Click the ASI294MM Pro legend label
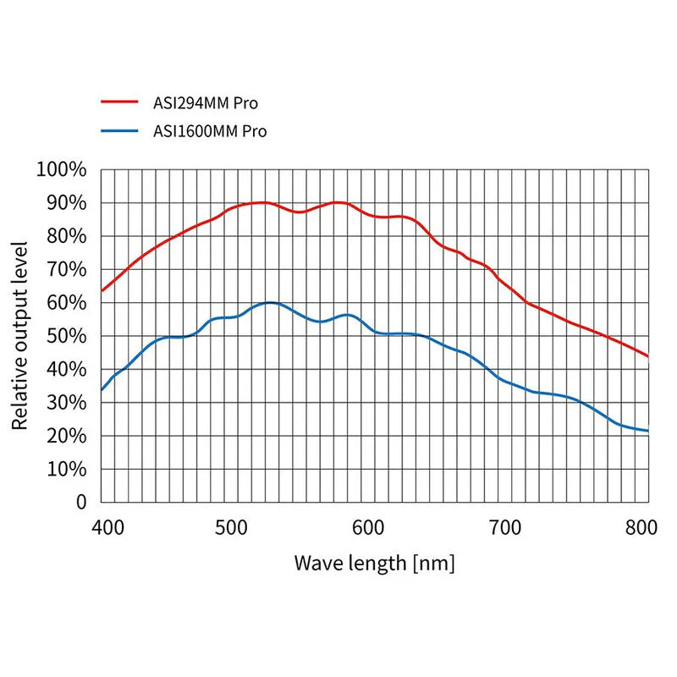pyautogui.click(x=205, y=103)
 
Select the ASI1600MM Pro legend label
pyautogui.click(x=209, y=130)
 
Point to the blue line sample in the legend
pyautogui.click(x=118, y=130)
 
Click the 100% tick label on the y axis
pyautogui.click(x=62, y=169)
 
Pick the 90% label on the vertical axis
pyautogui.click(x=66, y=203)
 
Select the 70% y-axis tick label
pyautogui.click(x=66, y=269)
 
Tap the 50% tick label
pyautogui.click(x=66, y=336)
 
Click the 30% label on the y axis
pyautogui.click(x=66, y=403)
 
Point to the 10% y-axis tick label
pyautogui.click(x=66, y=469)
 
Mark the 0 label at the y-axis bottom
pyautogui.click(x=81, y=502)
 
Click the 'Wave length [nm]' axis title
pyautogui.click(x=374, y=563)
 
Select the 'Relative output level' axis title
pyautogui.click(x=20, y=335)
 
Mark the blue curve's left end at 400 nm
pyautogui.click(x=102, y=390)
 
